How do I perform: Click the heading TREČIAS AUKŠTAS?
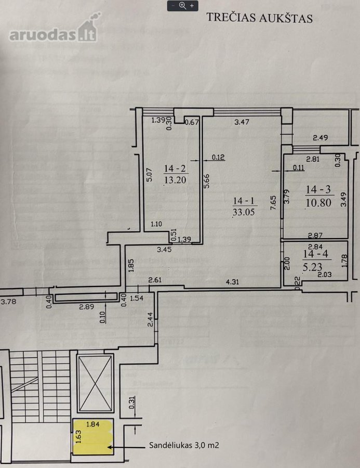[x=260, y=18]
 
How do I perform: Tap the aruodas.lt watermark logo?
[x=54, y=29]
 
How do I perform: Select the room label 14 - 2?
[x=175, y=168]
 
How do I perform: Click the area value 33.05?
[x=244, y=212]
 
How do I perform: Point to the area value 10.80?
[x=318, y=203]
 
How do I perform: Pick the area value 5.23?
[x=312, y=267]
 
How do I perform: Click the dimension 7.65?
[x=273, y=203]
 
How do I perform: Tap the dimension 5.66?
[x=206, y=181]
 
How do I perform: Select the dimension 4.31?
[x=232, y=281]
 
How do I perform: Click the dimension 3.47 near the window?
[x=242, y=122]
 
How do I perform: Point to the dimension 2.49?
[x=321, y=138]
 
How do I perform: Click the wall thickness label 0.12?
[x=218, y=157]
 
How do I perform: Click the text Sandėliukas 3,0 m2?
[x=184, y=445]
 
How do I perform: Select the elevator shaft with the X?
[x=95, y=383]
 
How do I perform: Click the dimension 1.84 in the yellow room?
[x=93, y=424]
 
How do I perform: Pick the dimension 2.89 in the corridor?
[x=87, y=306]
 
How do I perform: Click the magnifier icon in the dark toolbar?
[x=182, y=6]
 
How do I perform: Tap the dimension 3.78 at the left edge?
[x=8, y=302]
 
